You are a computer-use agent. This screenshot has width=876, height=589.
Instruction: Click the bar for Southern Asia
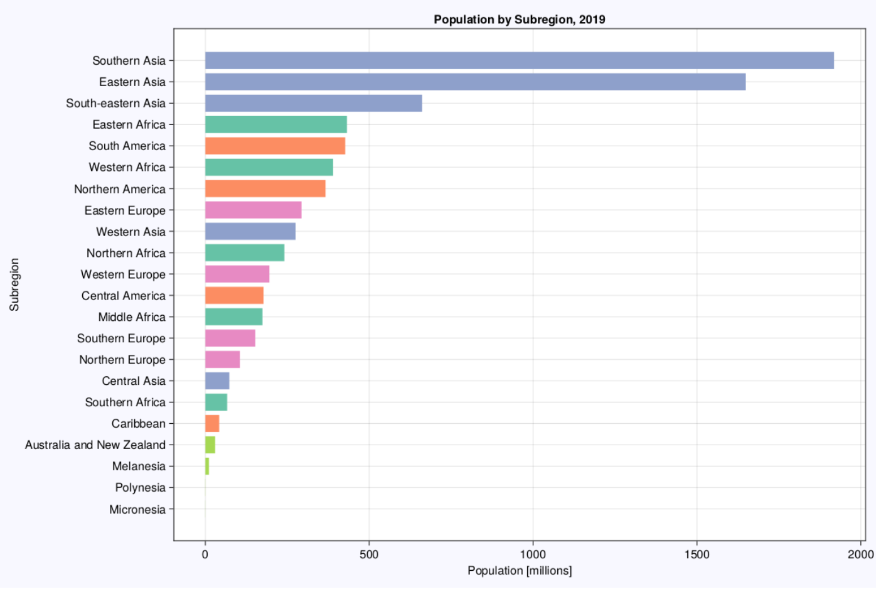519,60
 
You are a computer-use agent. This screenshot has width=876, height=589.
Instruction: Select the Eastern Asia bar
475,82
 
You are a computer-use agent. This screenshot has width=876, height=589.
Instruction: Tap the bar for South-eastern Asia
313,103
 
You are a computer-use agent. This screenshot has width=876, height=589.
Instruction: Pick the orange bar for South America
275,146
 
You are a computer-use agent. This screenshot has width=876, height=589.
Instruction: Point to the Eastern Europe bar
253,210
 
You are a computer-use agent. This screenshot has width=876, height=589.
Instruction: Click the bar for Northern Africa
244,252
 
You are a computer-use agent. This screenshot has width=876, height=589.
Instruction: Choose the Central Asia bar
217,381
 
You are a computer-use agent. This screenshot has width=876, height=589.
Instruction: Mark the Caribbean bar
212,423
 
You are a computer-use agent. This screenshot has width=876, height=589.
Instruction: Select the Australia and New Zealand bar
210,445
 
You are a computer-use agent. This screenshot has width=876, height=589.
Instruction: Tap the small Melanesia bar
207,466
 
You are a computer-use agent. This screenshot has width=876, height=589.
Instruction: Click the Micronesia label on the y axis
137,509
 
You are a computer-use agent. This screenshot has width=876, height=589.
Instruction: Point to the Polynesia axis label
140,487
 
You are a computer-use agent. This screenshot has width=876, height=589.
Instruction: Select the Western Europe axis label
123,274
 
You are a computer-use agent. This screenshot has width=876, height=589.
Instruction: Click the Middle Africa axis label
132,317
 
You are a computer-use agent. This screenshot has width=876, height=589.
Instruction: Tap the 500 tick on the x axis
369,554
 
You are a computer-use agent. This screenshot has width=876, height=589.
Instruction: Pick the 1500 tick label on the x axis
697,554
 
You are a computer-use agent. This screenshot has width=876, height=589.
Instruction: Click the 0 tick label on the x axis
205,554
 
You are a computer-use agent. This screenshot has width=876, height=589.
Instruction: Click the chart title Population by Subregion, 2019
519,19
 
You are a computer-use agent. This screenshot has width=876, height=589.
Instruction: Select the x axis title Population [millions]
519,570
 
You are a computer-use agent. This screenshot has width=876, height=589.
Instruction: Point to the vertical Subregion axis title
14,284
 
